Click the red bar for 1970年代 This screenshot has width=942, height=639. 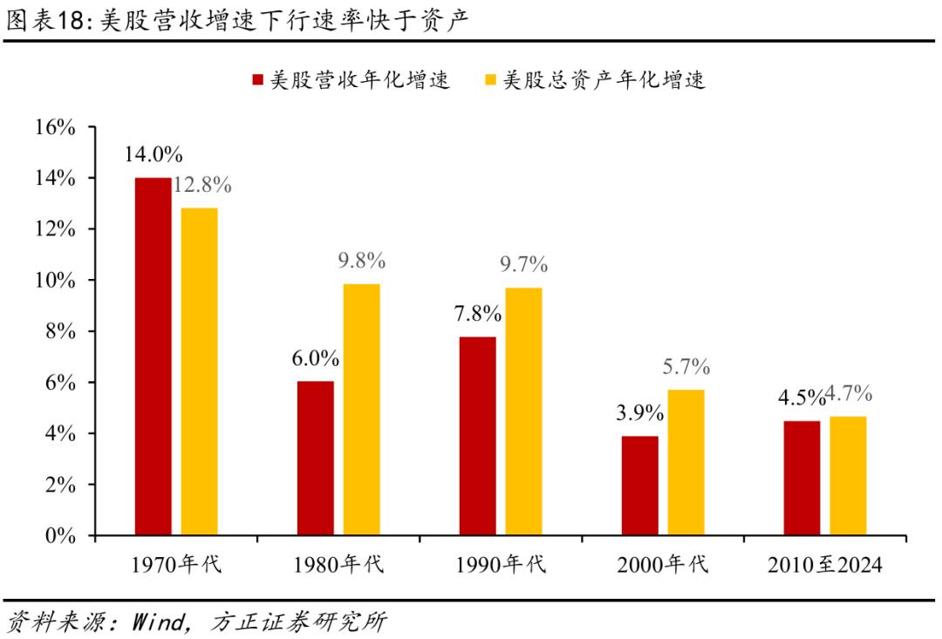coord(153,356)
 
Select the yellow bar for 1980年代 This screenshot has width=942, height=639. coord(361,409)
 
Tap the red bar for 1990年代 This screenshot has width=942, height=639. coord(477,436)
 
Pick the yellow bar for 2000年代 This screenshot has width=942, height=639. coord(686,462)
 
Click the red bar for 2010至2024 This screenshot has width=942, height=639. coord(802,478)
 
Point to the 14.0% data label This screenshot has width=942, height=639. coord(153,155)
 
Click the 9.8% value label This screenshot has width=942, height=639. coord(361,261)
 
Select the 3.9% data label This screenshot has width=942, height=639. coord(639,414)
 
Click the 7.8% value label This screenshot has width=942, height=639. coord(477,314)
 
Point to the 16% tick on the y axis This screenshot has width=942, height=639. coord(57,127)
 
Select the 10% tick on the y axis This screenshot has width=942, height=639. coord(57,281)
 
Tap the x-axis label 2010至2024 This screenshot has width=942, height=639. coord(825,565)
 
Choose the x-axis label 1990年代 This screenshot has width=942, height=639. coord(501,565)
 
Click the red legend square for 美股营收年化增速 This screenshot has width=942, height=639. coord(257,81)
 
